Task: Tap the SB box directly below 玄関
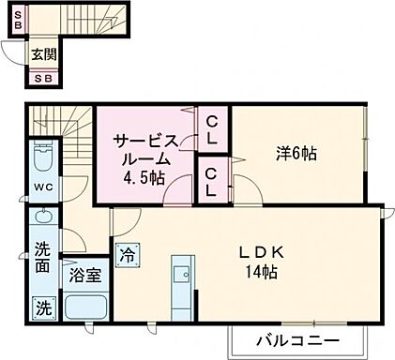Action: (43, 79)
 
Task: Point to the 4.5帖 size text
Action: (146, 177)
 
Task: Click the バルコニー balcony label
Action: (296, 338)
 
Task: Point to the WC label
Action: (43, 187)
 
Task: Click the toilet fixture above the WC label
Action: (43, 157)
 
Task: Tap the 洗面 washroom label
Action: (43, 258)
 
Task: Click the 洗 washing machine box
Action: (43, 307)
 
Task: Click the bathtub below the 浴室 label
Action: (84, 305)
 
